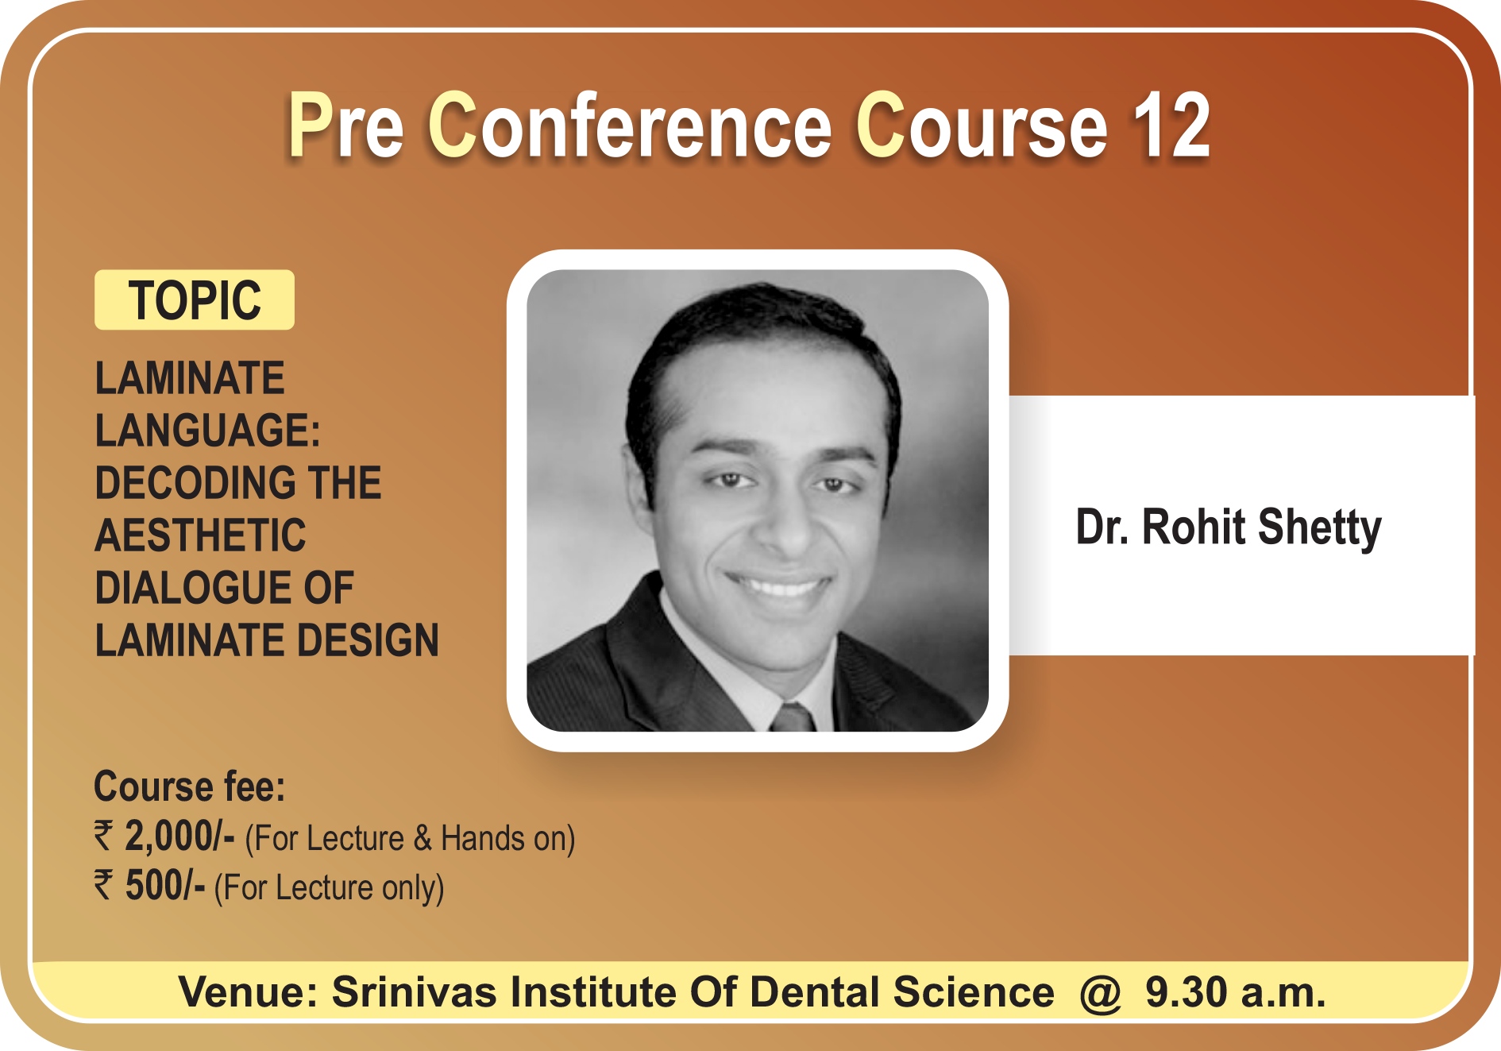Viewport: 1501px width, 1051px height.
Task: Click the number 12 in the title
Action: point(1171,126)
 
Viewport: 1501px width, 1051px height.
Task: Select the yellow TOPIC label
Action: point(195,299)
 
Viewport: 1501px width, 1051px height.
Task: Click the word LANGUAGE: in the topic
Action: point(208,430)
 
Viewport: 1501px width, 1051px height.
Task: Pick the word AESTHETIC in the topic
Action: point(200,535)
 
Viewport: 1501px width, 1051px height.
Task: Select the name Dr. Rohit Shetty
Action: point(1229,527)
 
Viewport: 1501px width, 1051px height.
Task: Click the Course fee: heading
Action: point(190,786)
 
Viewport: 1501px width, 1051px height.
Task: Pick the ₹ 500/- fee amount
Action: point(149,886)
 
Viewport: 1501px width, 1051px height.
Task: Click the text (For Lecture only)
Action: point(329,887)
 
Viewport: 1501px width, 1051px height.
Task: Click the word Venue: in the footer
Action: point(248,991)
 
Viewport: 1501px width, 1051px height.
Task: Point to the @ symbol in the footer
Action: point(1100,993)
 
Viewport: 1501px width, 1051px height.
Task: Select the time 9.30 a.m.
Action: point(1235,992)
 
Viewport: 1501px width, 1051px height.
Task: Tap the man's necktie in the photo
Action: point(793,717)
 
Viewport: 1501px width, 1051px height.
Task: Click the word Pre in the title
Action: point(345,126)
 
